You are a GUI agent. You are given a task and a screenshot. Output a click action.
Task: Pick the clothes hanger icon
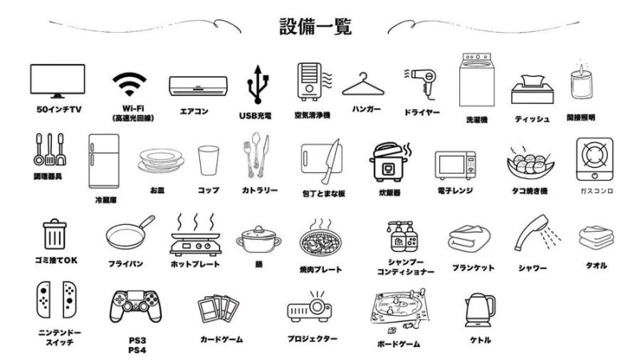366,83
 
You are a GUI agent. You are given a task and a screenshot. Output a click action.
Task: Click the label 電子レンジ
455,190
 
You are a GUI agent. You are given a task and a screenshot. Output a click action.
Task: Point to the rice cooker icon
389,162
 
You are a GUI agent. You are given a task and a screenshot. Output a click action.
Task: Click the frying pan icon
130,233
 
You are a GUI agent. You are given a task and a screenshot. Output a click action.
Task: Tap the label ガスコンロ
594,191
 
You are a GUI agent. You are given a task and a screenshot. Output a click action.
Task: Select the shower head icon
534,234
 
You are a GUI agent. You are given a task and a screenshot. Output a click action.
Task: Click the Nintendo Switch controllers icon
57,299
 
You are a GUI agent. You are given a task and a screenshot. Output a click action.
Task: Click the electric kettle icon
479,309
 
